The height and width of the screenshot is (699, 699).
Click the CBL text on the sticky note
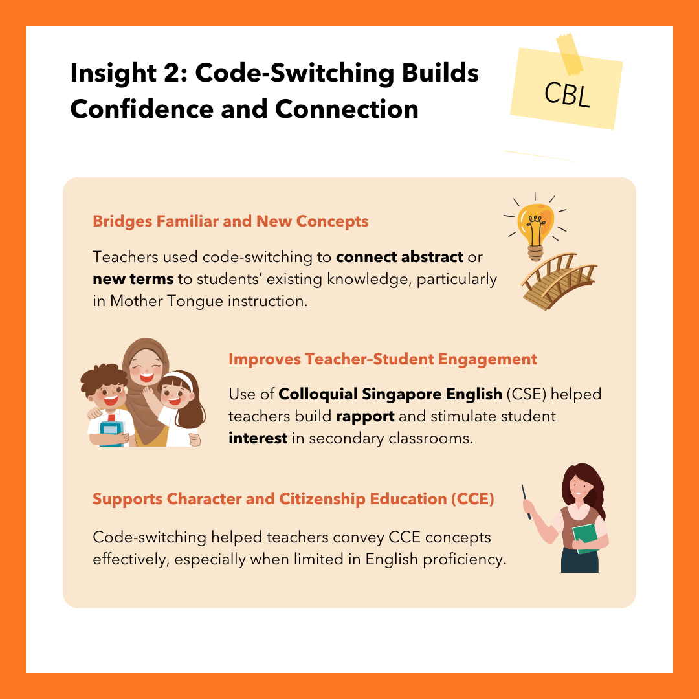567,94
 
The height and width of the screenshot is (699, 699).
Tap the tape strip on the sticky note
570,54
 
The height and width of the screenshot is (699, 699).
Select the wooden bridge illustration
559,281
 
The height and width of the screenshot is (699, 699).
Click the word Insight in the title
113,72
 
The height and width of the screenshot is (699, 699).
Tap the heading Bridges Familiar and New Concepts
230,221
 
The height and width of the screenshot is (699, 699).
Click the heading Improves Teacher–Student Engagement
383,359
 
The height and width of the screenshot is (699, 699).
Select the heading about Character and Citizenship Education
293,499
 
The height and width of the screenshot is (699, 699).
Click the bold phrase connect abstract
399,257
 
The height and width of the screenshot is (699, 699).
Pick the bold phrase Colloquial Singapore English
390,395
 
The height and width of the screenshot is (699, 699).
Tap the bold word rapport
365,417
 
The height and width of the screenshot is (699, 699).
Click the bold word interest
258,438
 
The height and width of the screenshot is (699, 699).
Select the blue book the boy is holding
111,430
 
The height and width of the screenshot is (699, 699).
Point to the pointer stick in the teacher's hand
526,502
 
